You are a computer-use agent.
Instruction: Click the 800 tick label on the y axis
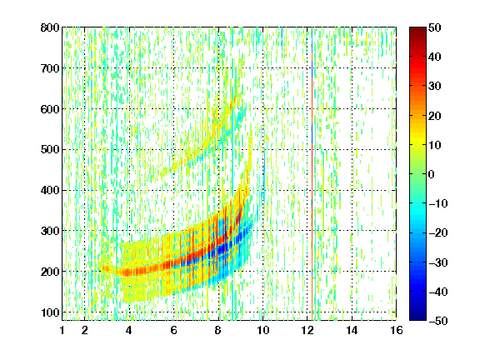50,27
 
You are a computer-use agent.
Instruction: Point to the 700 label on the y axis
50,68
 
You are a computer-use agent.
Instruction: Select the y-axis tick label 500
50,150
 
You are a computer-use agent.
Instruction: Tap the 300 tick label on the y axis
50,231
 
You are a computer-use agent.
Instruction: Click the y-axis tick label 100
50,312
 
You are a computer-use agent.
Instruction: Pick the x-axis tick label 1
62,330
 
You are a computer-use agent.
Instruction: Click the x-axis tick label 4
129,330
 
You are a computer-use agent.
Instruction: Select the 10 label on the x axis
263,330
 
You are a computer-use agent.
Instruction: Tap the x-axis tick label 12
307,330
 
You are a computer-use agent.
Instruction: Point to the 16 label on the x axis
397,330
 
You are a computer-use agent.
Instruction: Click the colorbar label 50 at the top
435,27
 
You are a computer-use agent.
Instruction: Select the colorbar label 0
432,174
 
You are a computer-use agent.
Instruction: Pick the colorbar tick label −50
438,321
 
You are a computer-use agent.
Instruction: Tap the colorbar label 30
435,87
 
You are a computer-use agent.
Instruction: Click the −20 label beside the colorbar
438,233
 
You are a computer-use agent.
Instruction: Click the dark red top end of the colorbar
417,29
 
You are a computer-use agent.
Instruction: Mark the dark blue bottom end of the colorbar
417,318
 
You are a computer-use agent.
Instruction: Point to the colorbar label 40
435,57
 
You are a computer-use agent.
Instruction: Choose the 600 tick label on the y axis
50,109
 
